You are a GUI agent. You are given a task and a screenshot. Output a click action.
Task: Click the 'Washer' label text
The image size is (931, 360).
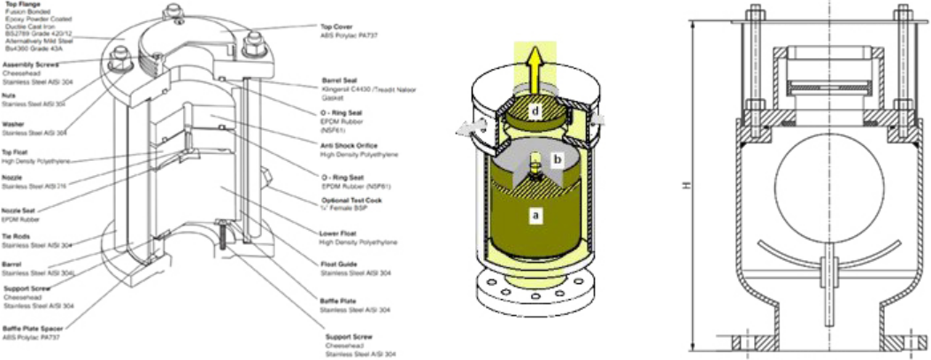click(x=13, y=124)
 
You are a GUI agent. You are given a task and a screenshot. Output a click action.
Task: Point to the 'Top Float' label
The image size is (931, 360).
click(x=18, y=152)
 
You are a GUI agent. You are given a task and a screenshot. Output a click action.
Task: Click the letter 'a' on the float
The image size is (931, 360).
click(x=534, y=214)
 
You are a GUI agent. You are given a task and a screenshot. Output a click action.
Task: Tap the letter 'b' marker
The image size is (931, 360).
click(x=558, y=159)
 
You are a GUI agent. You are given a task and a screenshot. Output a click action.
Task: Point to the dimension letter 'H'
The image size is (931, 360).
click(x=685, y=188)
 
